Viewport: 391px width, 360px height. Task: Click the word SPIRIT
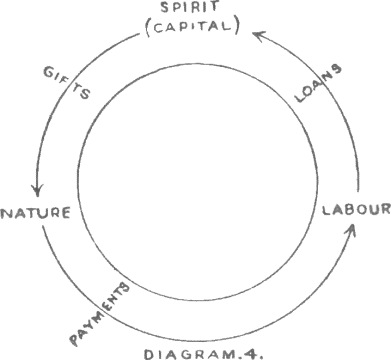[x=190, y=7]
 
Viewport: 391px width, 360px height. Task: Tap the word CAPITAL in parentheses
[x=192, y=27]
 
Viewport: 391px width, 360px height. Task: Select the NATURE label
[x=36, y=212]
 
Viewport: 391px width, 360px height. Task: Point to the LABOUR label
[x=356, y=210]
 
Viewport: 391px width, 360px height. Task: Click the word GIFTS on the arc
[x=67, y=83]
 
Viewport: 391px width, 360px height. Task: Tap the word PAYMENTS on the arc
[x=99, y=314]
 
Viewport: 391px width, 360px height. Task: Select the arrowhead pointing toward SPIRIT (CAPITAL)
[x=259, y=35]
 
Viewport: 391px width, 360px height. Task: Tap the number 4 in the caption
[x=252, y=354]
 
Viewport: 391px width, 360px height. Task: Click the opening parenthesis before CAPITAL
[x=149, y=27]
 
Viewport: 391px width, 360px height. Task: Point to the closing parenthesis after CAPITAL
[x=236, y=27]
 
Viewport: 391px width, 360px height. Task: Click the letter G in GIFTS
[x=49, y=72]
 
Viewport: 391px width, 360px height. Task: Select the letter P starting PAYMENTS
[x=75, y=339]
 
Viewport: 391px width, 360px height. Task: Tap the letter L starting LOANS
[x=301, y=97]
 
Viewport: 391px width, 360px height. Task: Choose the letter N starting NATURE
[x=7, y=213]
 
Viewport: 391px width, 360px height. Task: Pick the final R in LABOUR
[x=385, y=210]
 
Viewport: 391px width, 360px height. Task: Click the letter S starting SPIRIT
[x=165, y=7]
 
